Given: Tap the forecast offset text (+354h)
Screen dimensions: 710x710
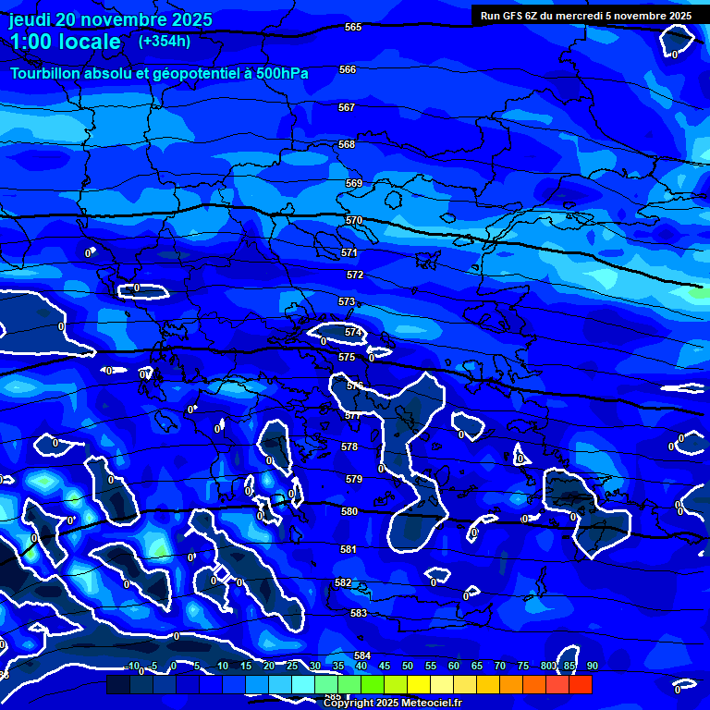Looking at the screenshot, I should [165, 41].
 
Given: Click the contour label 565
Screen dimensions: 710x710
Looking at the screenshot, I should [353, 27].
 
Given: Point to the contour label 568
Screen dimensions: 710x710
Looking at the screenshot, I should [347, 144].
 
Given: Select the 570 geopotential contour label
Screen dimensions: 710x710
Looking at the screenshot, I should [354, 220].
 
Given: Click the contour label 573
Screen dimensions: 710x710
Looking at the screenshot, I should [347, 302].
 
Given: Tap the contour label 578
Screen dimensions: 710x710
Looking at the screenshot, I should [349, 447].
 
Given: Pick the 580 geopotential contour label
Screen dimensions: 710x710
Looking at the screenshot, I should [349, 511].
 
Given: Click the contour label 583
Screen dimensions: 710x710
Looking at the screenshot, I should [359, 613].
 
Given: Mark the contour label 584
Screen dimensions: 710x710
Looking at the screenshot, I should [362, 655].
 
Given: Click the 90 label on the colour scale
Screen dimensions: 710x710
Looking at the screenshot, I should [592, 666].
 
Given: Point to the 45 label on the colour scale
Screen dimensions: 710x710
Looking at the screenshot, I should [384, 666].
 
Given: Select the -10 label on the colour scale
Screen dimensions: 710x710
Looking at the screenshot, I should [130, 666].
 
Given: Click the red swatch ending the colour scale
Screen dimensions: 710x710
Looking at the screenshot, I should [580, 684].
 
